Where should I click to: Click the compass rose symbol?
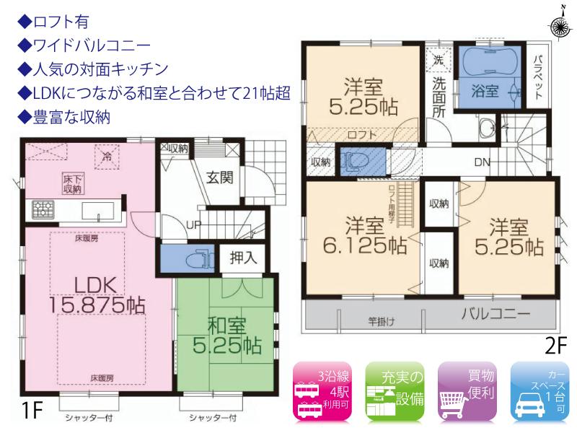click(x=559, y=27)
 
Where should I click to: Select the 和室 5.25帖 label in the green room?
click(x=224, y=334)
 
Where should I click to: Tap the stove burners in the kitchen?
click(x=42, y=211)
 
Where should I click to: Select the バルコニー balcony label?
click(x=495, y=315)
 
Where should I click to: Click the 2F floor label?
click(x=556, y=347)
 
